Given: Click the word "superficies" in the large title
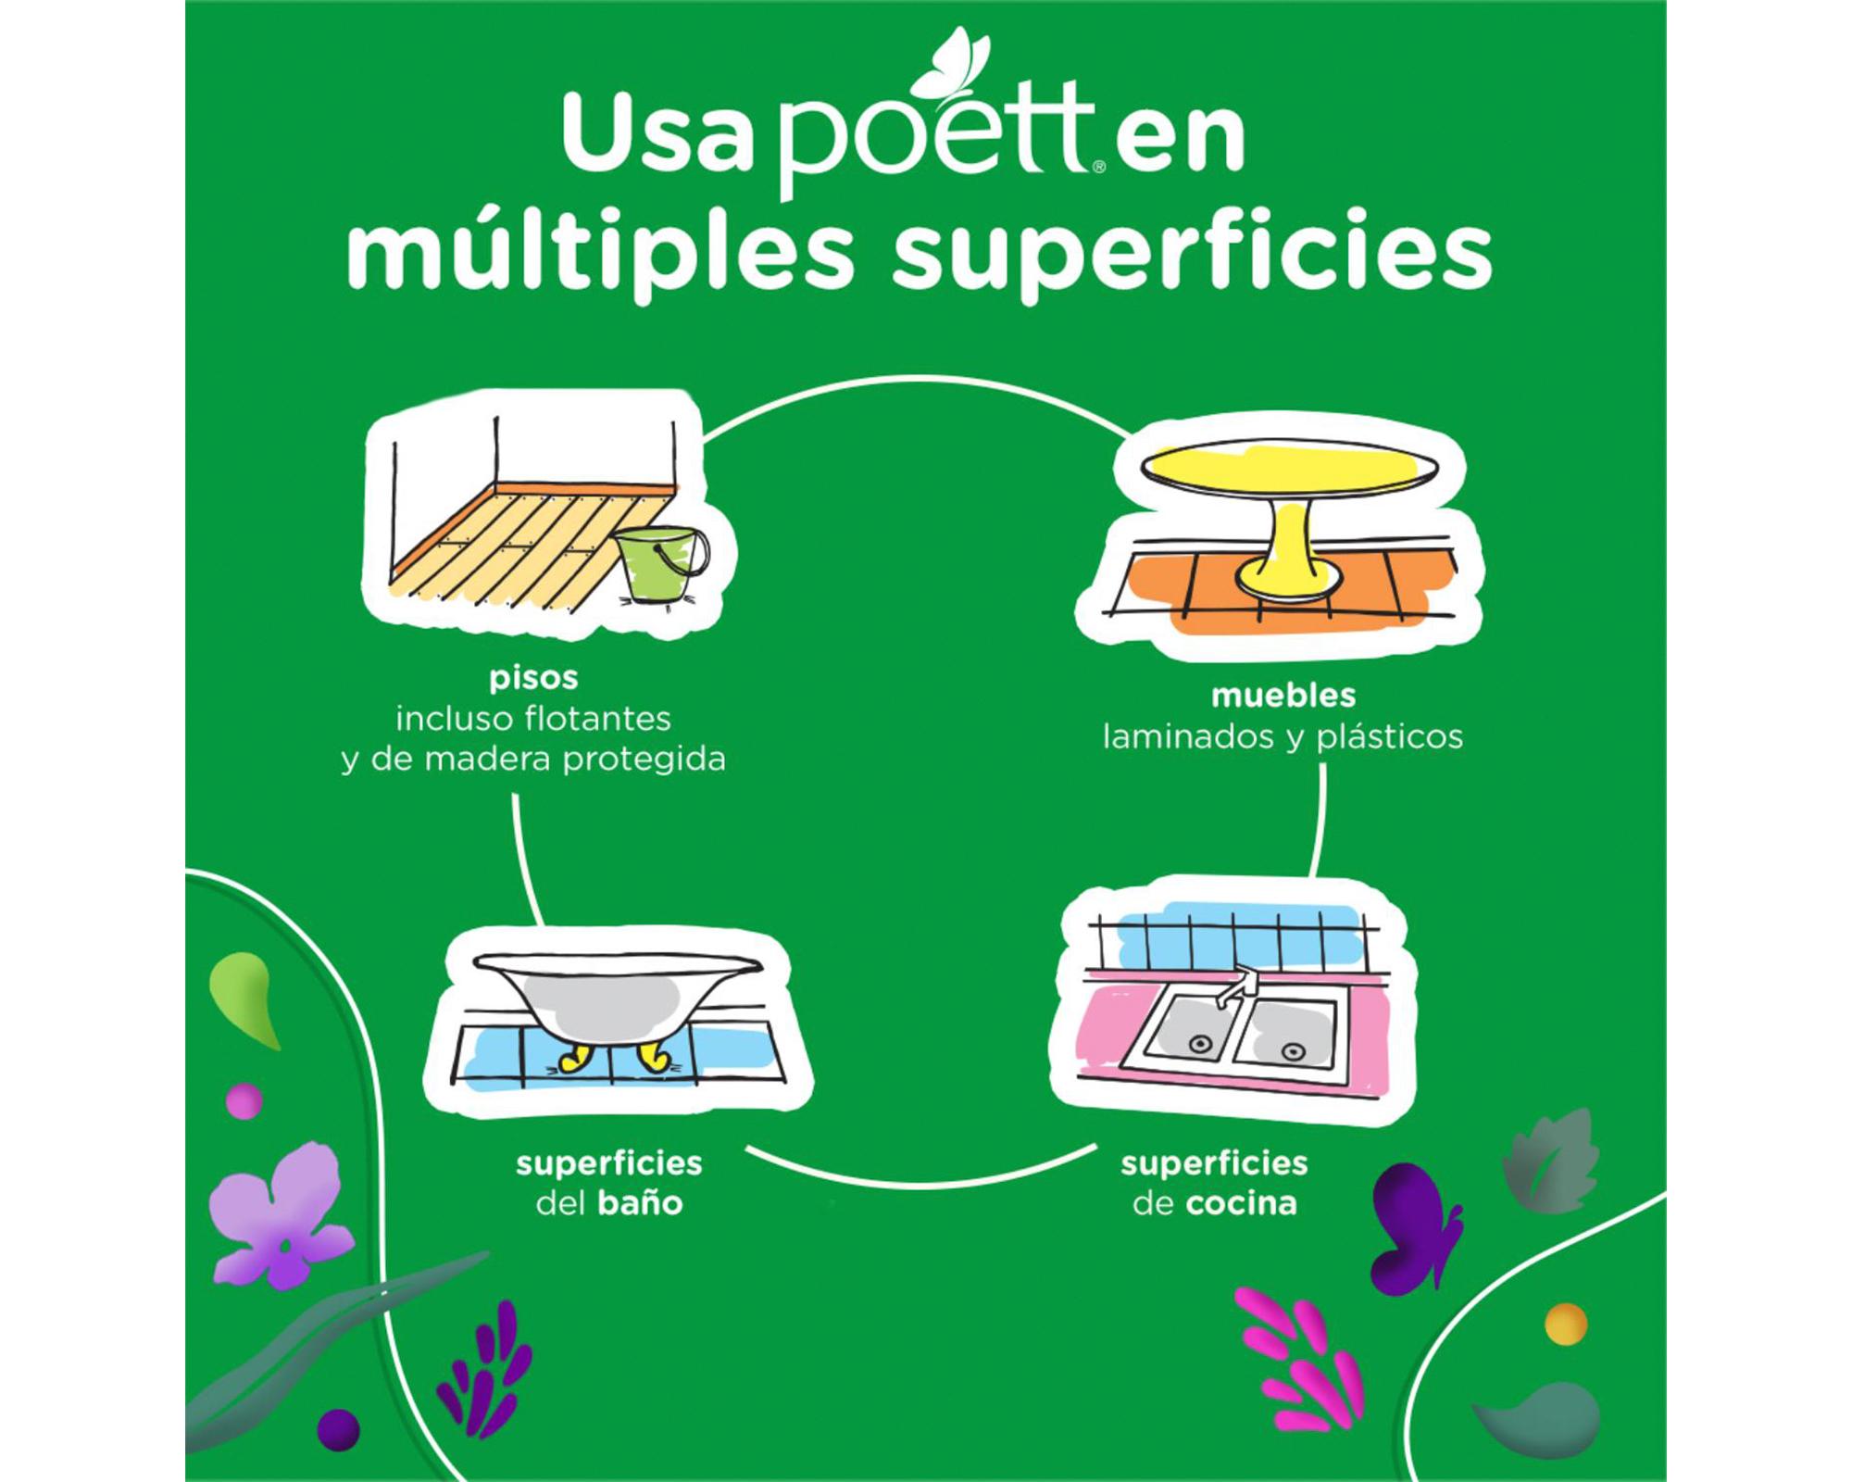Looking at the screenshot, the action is coord(1192,251).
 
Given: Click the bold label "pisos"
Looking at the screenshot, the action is coord(533,679).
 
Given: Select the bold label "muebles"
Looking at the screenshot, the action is coord(1283,696).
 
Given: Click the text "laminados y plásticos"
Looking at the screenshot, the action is coord(1283,737).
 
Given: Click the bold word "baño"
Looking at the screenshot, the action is coord(640,1203).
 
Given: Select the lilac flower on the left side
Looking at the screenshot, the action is coord(278,1214).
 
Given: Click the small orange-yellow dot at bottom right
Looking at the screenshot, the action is coord(1566,1322).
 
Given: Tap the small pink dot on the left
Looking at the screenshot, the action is coord(244,1100).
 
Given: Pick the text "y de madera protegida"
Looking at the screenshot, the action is coord(533,760).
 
